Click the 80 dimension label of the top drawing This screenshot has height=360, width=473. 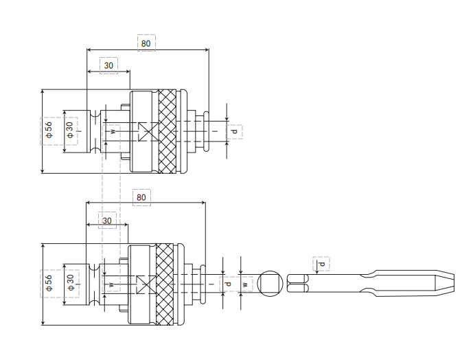[x=146, y=43]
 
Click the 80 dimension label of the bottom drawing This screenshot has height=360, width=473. [x=141, y=197]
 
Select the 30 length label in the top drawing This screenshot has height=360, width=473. [x=108, y=65]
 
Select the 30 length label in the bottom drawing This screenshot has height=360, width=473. [x=107, y=221]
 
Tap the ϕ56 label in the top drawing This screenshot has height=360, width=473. [x=49, y=130]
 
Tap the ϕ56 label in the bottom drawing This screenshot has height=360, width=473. [x=49, y=283]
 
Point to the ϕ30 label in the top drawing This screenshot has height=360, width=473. [x=70, y=130]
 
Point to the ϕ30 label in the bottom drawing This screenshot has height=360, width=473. [x=71, y=282]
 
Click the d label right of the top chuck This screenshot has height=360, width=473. [x=234, y=131]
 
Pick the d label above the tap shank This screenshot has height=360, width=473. [x=322, y=264]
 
